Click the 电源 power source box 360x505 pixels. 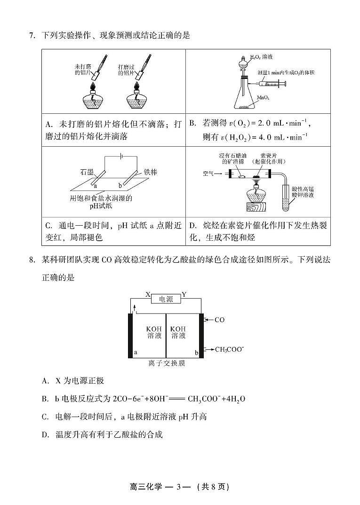(x=166, y=299)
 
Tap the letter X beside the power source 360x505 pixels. (x=147, y=295)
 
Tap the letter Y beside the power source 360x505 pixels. (x=184, y=295)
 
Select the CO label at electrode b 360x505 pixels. (x=219, y=320)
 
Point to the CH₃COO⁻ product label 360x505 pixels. (x=229, y=349)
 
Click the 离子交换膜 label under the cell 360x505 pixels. (x=166, y=363)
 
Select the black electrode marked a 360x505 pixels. (x=130, y=335)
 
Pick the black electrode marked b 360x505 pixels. (x=201, y=335)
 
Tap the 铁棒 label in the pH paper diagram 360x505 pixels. (x=151, y=172)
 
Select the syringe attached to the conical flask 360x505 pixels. (x=270, y=84)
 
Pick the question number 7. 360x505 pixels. (x=31, y=35)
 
